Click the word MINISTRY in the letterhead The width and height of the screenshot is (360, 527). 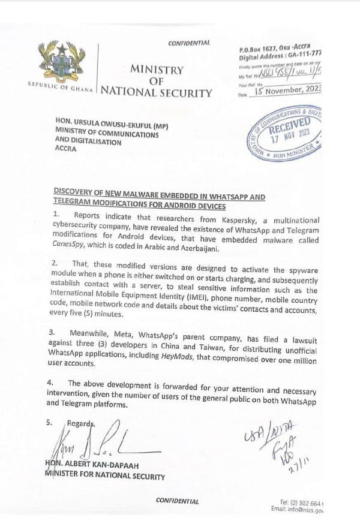(157, 70)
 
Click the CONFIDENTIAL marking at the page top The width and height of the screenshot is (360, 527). (189, 43)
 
